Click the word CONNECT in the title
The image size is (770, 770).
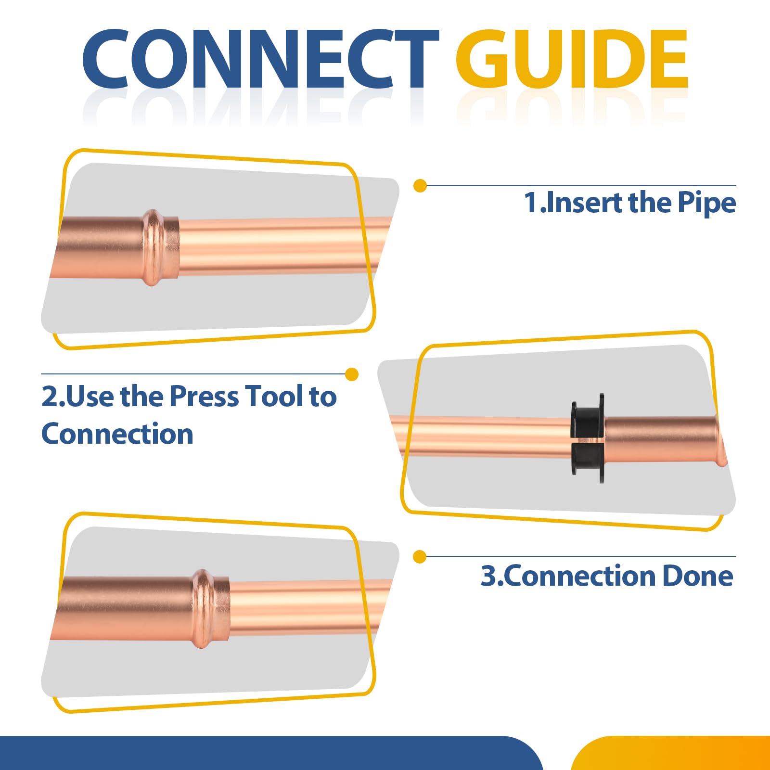[260, 59]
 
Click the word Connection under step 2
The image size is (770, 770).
[117, 434]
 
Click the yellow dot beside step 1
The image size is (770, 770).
[420, 186]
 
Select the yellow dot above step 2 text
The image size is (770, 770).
[352, 374]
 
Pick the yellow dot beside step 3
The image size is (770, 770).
[420, 557]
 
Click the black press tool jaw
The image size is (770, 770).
[587, 438]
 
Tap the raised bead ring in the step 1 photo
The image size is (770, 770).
[153, 248]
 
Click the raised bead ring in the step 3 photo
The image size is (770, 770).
[204, 609]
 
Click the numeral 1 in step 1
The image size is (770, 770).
[531, 203]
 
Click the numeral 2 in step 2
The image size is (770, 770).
[50, 396]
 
